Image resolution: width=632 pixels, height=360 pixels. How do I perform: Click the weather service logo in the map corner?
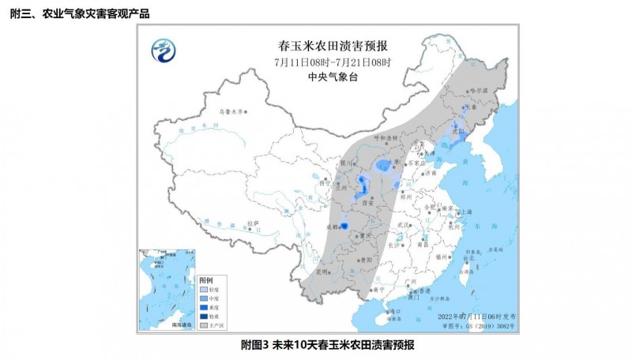164,50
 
